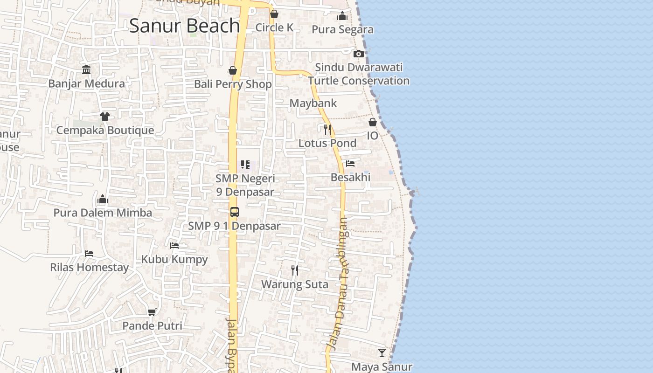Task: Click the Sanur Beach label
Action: (185, 26)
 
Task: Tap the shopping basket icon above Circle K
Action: (274, 14)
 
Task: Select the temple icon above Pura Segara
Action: (342, 16)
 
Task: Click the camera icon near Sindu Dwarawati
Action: (358, 54)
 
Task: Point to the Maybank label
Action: (313, 103)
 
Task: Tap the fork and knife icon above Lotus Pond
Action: (327, 129)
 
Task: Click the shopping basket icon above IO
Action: (373, 122)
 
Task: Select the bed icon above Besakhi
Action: (350, 164)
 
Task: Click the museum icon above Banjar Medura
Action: (86, 70)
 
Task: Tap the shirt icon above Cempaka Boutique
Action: (104, 116)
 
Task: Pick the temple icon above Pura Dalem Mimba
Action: (103, 200)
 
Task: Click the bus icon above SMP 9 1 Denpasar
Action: (234, 212)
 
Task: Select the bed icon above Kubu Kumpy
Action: (174, 245)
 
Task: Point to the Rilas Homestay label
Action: (89, 268)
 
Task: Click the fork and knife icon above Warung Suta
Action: (295, 270)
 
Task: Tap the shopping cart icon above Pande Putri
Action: (152, 312)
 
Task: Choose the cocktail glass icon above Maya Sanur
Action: (382, 353)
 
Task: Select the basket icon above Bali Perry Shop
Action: (233, 70)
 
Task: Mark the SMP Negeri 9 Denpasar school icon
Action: (245, 164)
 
